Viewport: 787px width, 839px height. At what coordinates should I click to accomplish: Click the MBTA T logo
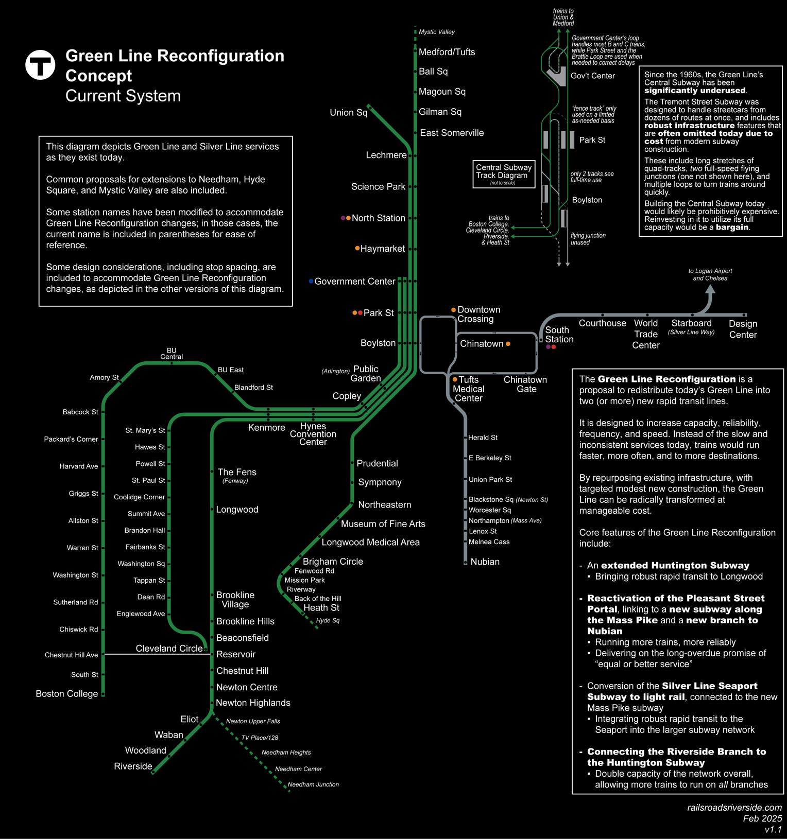(40, 65)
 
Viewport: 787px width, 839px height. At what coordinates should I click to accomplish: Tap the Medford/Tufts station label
(447, 52)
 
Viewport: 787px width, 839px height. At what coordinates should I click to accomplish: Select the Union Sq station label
(348, 112)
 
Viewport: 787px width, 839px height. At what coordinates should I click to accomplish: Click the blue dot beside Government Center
(311, 281)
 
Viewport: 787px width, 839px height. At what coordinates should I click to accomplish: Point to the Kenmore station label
(266, 428)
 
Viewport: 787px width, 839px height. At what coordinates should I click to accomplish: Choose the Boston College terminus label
(66, 694)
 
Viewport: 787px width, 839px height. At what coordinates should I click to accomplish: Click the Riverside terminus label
(133, 766)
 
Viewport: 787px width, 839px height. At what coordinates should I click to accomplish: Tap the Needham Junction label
(313, 785)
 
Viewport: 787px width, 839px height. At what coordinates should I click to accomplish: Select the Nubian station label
(485, 562)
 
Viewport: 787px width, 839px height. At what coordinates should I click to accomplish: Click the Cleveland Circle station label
(169, 649)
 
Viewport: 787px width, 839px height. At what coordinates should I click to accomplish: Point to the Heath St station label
(321, 608)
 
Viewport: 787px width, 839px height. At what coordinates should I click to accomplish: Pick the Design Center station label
(743, 329)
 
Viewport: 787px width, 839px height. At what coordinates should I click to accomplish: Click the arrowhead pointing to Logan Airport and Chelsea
(710, 290)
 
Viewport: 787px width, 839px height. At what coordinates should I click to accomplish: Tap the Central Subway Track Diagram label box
(504, 174)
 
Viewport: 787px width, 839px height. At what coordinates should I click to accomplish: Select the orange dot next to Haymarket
(357, 248)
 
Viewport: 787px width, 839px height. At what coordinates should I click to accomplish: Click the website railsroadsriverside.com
(734, 808)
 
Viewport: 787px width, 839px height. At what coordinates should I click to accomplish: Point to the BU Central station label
(172, 354)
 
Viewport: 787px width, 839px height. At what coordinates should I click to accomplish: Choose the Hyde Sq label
(328, 621)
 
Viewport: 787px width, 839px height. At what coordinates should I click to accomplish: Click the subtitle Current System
(123, 96)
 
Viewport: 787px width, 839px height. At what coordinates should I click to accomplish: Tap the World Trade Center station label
(646, 334)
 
